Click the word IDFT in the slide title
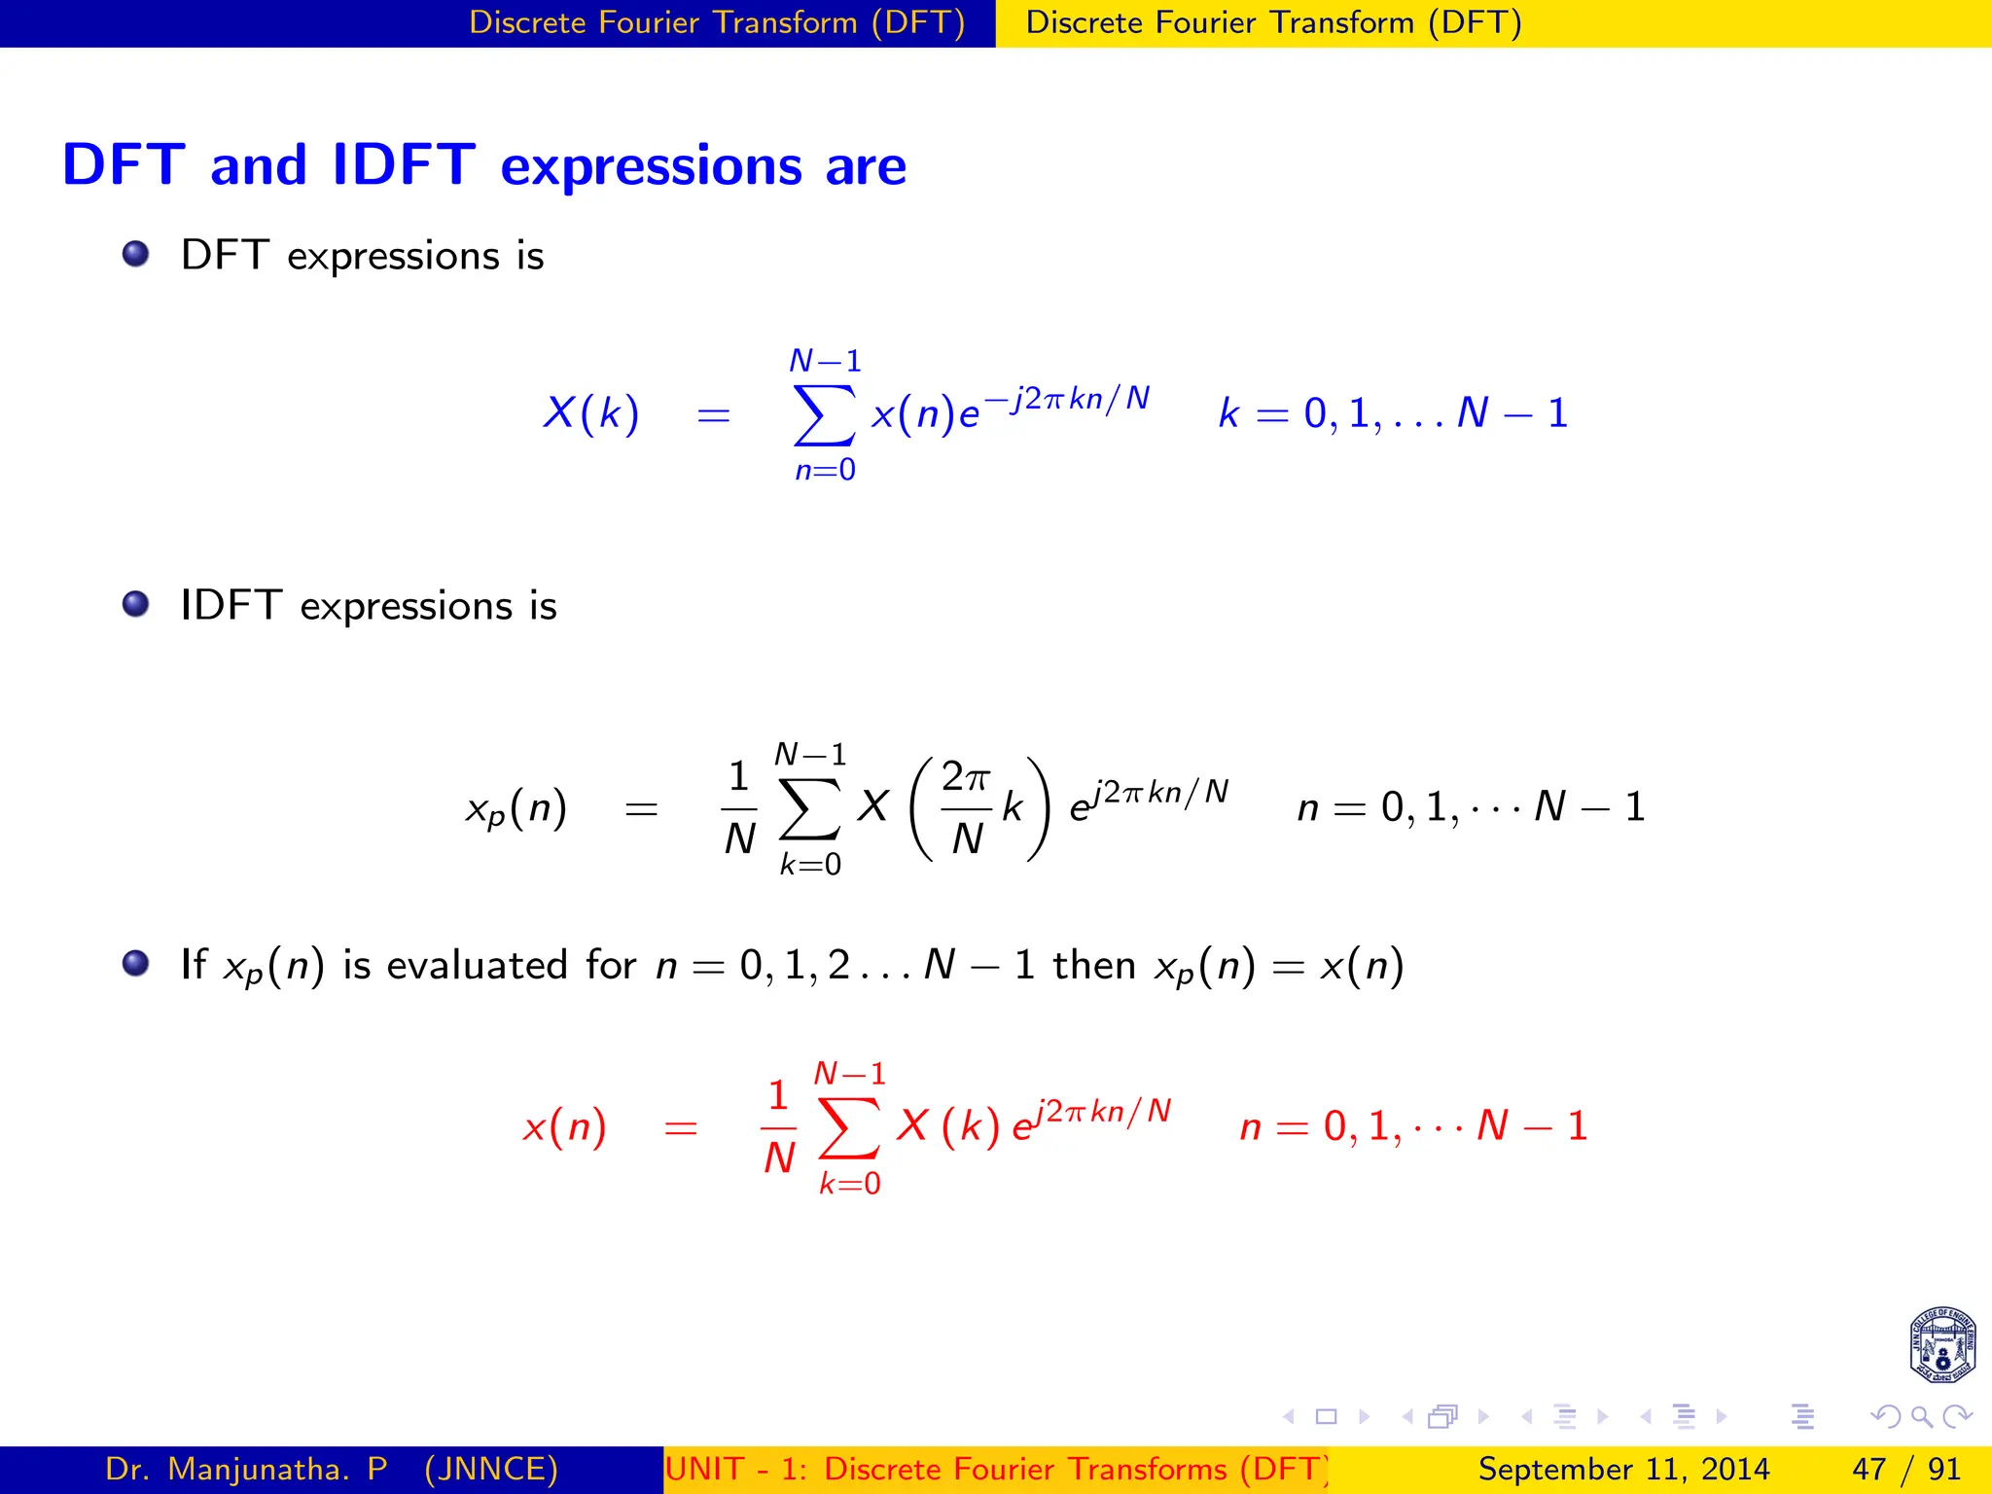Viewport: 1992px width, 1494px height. (404, 164)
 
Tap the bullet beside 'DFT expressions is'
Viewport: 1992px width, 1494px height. (136, 254)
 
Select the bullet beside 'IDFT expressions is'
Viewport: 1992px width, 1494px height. (136, 604)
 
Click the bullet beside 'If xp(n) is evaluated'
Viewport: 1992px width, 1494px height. (136, 963)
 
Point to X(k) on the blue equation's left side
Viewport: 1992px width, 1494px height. (590, 413)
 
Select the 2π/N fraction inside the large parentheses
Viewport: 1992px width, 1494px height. (966, 807)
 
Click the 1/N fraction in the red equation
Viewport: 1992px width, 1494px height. (778, 1127)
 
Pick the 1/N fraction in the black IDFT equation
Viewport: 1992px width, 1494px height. (739, 807)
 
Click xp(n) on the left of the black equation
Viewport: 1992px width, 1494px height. (516, 809)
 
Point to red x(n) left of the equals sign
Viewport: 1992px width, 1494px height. (564, 1128)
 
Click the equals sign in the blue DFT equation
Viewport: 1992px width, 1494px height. (713, 415)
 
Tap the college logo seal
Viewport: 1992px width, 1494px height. (1941, 1345)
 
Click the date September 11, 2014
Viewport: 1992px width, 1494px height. (1623, 1469)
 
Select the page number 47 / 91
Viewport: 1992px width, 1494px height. (1905, 1469)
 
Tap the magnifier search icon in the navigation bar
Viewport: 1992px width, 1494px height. (1921, 1417)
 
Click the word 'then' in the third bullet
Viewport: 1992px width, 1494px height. (1094, 965)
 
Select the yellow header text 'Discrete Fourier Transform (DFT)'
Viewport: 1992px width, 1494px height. (1273, 22)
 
